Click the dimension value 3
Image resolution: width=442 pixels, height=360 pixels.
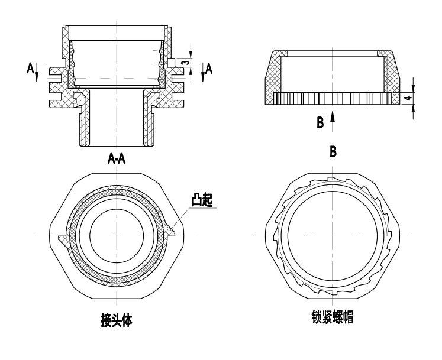(x=185, y=61)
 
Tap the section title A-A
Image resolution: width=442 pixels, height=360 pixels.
(x=116, y=158)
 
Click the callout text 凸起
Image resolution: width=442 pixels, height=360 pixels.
(x=202, y=201)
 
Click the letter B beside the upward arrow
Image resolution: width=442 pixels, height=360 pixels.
(x=320, y=122)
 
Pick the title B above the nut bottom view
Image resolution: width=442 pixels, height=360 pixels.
(x=333, y=152)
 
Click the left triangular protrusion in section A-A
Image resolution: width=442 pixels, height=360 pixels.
(x=64, y=241)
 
